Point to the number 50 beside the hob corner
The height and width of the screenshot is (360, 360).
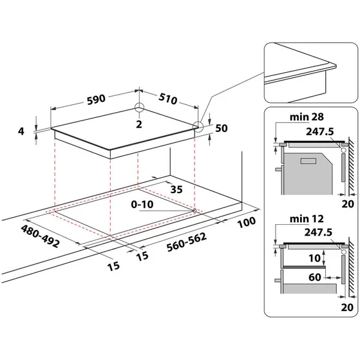(x=222, y=128)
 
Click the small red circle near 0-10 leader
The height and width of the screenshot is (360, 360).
(x=194, y=192)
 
